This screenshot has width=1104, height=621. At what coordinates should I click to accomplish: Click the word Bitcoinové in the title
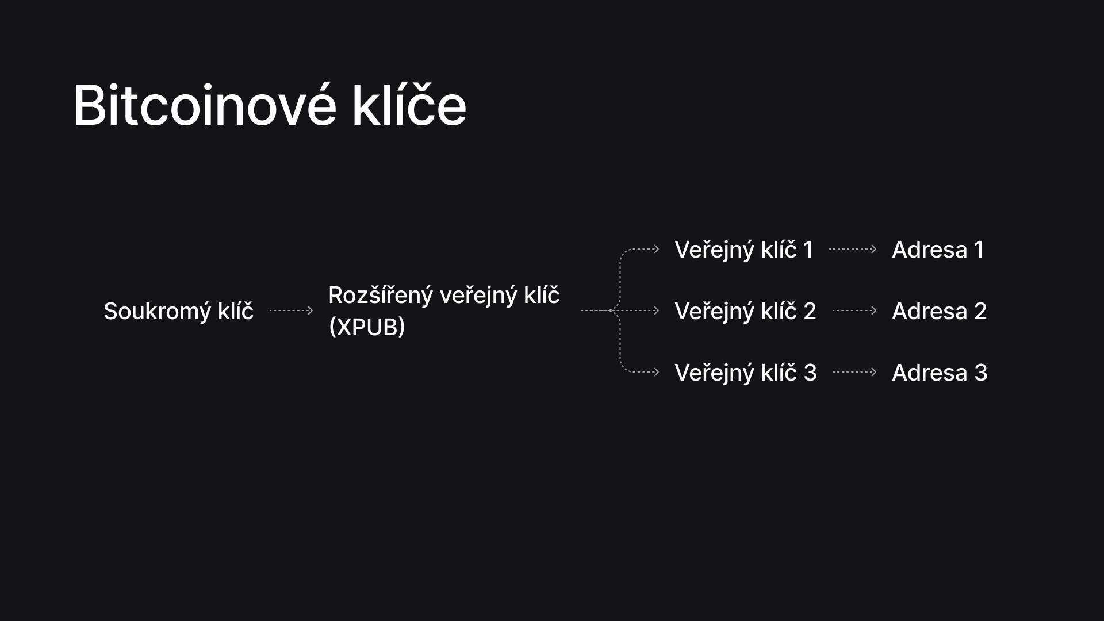(x=205, y=105)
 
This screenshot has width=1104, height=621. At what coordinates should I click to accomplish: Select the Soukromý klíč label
(x=178, y=311)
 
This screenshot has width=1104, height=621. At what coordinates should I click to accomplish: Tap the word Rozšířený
(x=381, y=296)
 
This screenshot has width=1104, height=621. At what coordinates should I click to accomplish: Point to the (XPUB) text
(x=367, y=327)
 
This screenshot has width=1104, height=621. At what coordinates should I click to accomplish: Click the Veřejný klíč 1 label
(x=744, y=250)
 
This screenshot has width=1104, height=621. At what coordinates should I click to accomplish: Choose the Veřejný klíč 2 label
(x=745, y=311)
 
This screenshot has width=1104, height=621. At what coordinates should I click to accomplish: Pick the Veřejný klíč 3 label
(x=745, y=373)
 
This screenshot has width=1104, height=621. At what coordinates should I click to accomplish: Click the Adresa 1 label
(x=938, y=250)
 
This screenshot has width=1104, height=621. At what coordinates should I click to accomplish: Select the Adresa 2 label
(x=939, y=311)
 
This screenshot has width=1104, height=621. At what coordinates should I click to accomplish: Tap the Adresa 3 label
(x=940, y=373)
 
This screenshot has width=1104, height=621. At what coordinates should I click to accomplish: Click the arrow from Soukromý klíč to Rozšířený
(x=292, y=310)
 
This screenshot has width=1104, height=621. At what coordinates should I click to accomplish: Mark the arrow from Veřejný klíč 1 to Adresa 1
(x=853, y=249)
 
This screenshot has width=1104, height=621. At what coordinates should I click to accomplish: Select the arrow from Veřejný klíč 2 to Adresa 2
(x=854, y=310)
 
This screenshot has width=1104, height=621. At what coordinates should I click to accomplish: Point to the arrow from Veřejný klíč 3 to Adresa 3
(x=855, y=372)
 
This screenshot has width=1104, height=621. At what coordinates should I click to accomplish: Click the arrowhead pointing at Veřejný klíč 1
(x=657, y=249)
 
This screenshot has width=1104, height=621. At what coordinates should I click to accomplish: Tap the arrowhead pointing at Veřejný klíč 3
(x=657, y=372)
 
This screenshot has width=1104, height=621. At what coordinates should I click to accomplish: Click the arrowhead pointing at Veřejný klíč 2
(x=657, y=310)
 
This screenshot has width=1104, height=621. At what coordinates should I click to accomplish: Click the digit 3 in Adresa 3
(x=981, y=373)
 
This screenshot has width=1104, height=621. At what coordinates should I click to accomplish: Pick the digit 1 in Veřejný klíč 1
(x=808, y=250)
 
